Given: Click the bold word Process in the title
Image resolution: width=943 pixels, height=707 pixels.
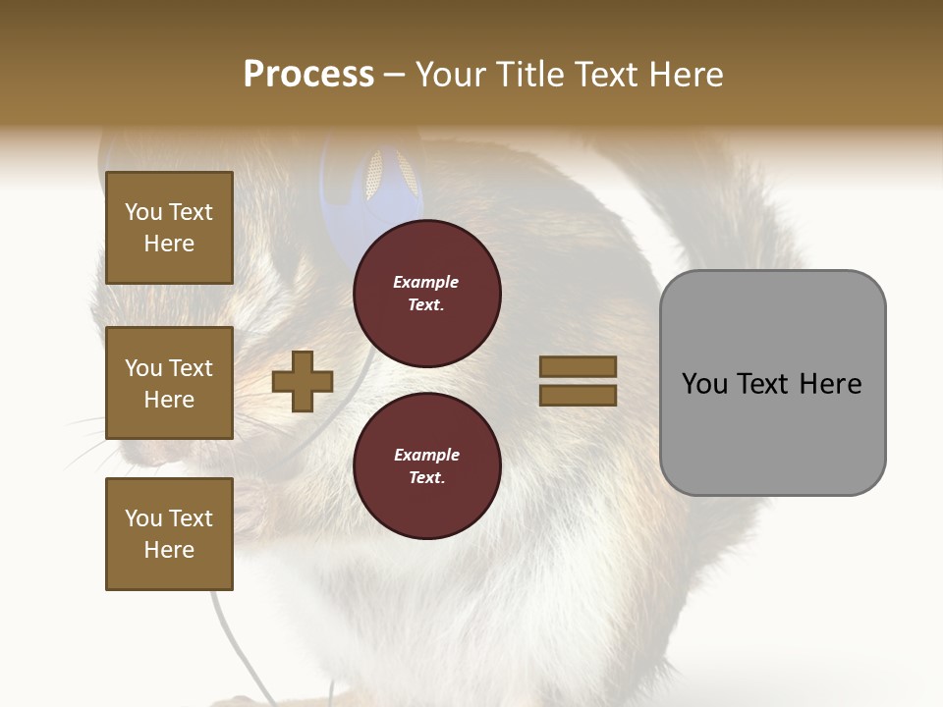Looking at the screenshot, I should (x=308, y=75).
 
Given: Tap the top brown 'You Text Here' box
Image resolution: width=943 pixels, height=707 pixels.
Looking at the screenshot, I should (x=169, y=228).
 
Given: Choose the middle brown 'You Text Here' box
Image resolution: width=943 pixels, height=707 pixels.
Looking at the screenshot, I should (x=169, y=383).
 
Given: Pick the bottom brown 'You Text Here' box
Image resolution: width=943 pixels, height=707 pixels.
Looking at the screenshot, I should (x=169, y=533).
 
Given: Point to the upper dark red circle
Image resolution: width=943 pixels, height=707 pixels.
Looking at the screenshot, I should (x=426, y=293).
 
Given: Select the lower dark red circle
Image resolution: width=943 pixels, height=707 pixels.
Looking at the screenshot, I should (x=426, y=465).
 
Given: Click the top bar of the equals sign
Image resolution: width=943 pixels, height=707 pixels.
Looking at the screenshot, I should (x=578, y=366).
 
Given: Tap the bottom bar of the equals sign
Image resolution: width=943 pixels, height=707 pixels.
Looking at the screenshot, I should (x=578, y=396).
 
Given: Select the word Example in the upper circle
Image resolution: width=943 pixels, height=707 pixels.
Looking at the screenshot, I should (x=426, y=282).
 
